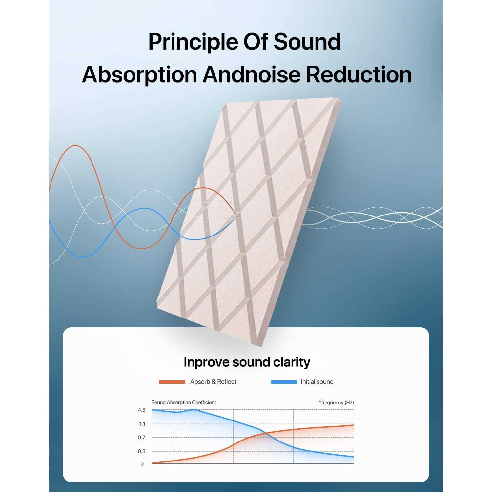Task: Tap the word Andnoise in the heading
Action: (x=251, y=74)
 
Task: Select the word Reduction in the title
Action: (x=359, y=74)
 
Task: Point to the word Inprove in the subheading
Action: (x=206, y=362)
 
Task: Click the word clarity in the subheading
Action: (x=292, y=362)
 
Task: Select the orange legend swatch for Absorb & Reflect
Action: (x=172, y=382)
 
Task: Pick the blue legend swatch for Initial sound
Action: (x=284, y=382)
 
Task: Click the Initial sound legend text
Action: (x=317, y=382)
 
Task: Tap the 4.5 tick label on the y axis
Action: (x=142, y=410)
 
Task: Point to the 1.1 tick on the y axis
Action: (x=142, y=424)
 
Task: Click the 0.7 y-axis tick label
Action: (x=142, y=437)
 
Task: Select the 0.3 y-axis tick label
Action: (x=142, y=451)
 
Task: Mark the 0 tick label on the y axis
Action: (x=142, y=464)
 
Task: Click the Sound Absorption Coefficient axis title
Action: (x=184, y=402)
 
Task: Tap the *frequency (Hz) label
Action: (x=336, y=403)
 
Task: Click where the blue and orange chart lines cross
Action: (x=265, y=434)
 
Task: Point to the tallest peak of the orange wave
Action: (x=75, y=146)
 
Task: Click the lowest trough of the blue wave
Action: (x=83, y=257)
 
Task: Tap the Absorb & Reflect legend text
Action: (x=213, y=382)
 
